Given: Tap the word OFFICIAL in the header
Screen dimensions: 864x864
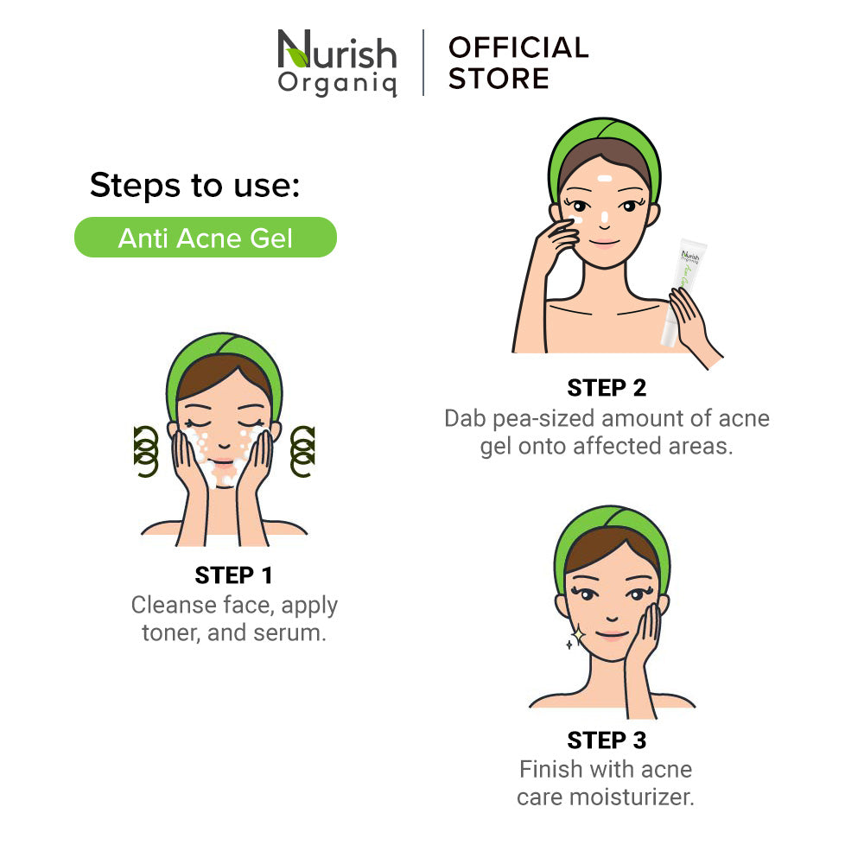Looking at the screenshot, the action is point(518,48).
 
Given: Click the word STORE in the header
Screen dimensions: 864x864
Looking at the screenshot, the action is point(499,79).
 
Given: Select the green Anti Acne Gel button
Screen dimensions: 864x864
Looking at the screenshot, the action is point(206,238).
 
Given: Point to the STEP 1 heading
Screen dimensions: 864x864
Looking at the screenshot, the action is point(233,575).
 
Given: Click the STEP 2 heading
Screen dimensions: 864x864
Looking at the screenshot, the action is point(607,388).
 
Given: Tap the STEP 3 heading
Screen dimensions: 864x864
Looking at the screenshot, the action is point(607,740).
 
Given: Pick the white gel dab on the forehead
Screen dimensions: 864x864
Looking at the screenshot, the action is point(605,179).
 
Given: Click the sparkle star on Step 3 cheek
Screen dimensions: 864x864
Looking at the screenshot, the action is point(578,636).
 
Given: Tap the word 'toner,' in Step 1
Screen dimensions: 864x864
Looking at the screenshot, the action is point(171,632).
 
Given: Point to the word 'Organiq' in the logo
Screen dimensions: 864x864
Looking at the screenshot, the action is point(337,83).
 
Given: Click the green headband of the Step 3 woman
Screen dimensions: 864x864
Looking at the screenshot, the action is point(612,529).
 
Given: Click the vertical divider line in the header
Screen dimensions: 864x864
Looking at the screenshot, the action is point(423,62).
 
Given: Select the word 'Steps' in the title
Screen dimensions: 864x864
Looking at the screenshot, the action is point(135,185).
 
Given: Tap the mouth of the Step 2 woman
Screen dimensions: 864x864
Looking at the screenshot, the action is point(605,243).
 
